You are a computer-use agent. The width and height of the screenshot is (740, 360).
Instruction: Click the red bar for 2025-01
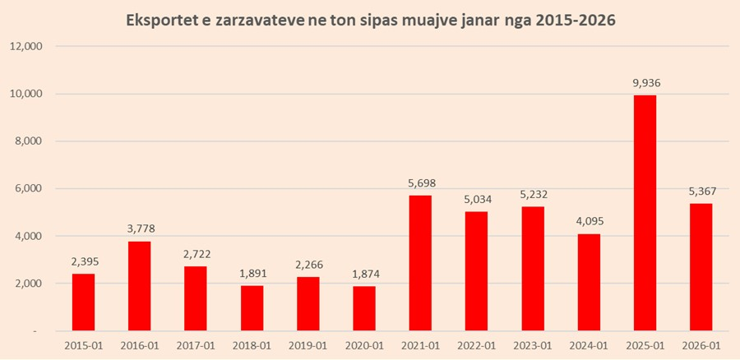(645, 213)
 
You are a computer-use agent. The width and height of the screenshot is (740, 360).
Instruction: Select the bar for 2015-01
(83, 302)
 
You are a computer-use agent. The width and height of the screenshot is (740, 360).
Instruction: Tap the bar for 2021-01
(419, 263)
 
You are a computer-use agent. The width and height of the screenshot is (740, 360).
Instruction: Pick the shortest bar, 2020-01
(363, 308)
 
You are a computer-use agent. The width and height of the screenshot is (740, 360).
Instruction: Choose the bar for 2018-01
(252, 308)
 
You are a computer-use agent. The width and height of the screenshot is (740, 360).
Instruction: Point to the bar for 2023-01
(532, 268)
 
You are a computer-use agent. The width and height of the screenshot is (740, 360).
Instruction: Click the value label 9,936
(645, 82)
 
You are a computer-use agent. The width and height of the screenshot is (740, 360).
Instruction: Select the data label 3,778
(139, 228)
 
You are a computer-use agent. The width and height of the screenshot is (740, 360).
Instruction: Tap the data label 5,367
(701, 191)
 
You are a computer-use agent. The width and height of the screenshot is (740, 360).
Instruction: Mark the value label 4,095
(589, 221)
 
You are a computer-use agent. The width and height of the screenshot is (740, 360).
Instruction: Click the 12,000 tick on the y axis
(26, 46)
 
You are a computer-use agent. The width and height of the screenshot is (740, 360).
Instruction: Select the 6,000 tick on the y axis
(30, 189)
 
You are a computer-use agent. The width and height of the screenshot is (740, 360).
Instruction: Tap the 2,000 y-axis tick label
(30, 284)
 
